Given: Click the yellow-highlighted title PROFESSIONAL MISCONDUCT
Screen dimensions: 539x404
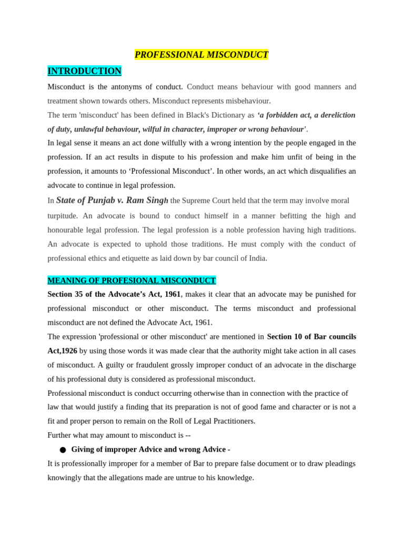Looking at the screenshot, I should tap(201, 55).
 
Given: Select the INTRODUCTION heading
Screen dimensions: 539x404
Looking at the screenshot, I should tap(84, 71).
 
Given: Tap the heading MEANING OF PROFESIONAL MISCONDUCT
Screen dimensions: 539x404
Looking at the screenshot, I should tap(132, 281).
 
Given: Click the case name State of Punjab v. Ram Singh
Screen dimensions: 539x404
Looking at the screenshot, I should tap(112, 201).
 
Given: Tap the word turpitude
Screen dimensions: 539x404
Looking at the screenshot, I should tap(63, 216).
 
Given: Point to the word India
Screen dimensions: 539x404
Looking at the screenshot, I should tap(257, 258).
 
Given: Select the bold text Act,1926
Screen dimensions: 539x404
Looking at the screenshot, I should tap(62, 351).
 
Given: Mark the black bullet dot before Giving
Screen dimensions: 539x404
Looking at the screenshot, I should tap(63, 450).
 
